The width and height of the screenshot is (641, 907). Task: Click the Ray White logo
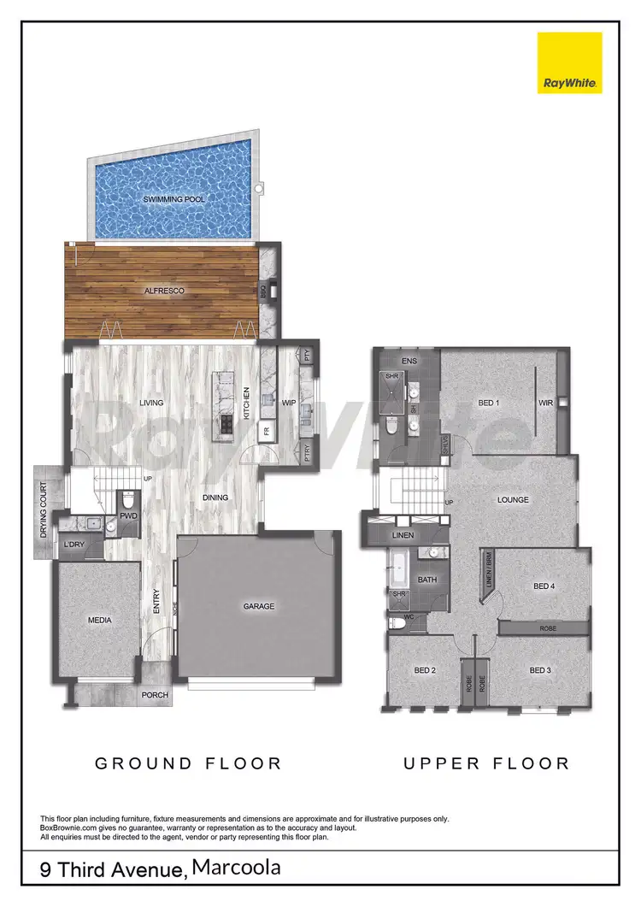pyautogui.click(x=569, y=63)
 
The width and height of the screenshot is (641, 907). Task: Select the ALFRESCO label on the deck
pyautogui.click(x=164, y=292)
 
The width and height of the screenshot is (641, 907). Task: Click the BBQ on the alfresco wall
pyautogui.click(x=265, y=292)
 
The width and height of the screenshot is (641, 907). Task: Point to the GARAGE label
pyautogui.click(x=258, y=606)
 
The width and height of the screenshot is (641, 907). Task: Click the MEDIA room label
pyautogui.click(x=99, y=621)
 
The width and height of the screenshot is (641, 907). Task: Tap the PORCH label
pyautogui.click(x=155, y=695)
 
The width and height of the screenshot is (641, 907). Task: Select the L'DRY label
pyautogui.click(x=73, y=544)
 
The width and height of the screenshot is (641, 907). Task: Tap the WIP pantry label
pyautogui.click(x=289, y=402)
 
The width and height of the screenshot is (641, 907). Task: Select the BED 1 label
pyautogui.click(x=488, y=403)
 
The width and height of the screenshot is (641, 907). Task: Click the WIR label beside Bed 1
pyautogui.click(x=544, y=403)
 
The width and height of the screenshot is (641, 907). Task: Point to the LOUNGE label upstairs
pyautogui.click(x=513, y=500)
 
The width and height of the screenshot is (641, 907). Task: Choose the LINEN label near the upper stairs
pyautogui.click(x=403, y=535)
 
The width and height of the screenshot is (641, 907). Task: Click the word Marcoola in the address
pyautogui.click(x=236, y=868)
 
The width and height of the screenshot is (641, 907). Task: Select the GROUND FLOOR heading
pyautogui.click(x=188, y=763)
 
